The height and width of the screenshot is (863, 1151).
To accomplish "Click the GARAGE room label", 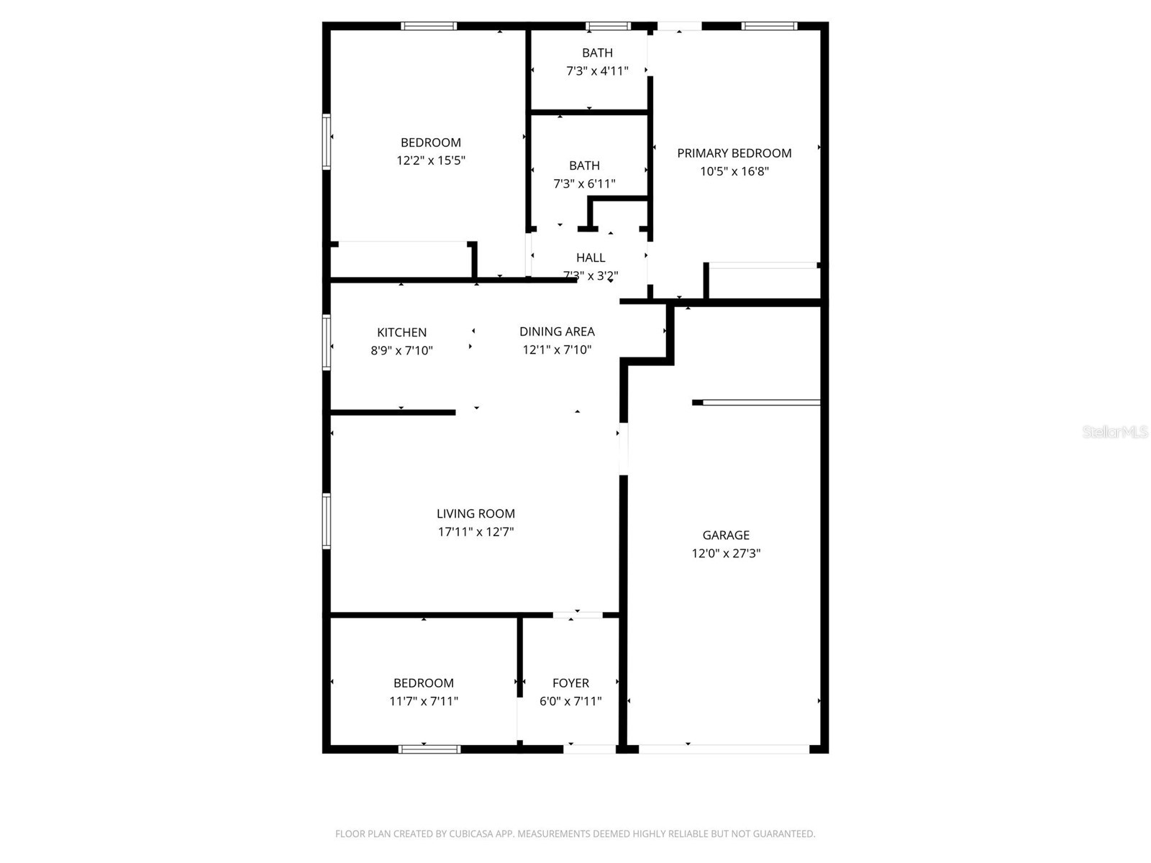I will pyautogui.click(x=726, y=535).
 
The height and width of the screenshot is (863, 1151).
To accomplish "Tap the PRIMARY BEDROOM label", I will pyautogui.click(x=734, y=153).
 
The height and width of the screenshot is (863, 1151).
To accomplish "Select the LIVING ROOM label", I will pyautogui.click(x=476, y=513).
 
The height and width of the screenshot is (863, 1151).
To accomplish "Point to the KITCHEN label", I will pyautogui.click(x=401, y=332).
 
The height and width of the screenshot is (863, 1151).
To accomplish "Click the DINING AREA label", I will pyautogui.click(x=557, y=332).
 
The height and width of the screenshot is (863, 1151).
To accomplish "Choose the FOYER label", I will pyautogui.click(x=570, y=683).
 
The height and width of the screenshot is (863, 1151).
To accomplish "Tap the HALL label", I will pyautogui.click(x=591, y=257).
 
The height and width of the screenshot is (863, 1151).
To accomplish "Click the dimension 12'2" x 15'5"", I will pyautogui.click(x=431, y=160).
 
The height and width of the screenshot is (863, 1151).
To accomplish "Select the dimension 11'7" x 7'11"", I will pyautogui.click(x=424, y=701).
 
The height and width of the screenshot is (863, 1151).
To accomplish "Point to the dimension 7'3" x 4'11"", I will pyautogui.click(x=597, y=71).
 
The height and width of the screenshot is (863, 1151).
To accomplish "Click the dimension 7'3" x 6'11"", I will pyautogui.click(x=584, y=184).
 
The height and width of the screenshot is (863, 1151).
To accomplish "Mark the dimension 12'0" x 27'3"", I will pyautogui.click(x=726, y=554).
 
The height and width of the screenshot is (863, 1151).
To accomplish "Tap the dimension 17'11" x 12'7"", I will pyautogui.click(x=476, y=532).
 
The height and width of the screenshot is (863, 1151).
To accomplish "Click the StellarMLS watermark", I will pyautogui.click(x=1115, y=432).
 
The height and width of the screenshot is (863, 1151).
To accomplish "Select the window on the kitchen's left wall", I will pyautogui.click(x=327, y=342).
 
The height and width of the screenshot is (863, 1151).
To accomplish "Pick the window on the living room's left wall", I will pyautogui.click(x=327, y=521).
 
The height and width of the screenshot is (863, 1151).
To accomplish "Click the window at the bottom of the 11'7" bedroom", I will pyautogui.click(x=429, y=749).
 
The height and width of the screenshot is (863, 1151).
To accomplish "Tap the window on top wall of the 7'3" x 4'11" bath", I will pyautogui.click(x=608, y=27).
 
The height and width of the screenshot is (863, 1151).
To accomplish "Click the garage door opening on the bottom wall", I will pyautogui.click(x=724, y=749).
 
